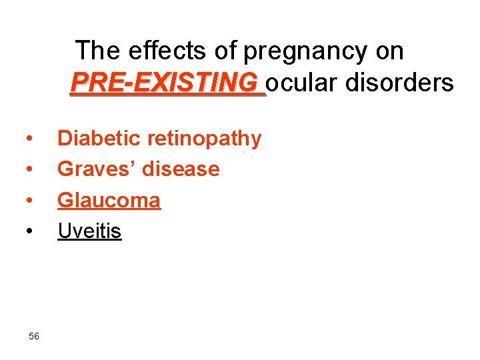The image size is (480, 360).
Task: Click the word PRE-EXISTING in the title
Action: coord(167,83)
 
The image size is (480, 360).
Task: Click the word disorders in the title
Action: coord(399,83)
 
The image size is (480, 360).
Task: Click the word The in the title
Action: coord(97,51)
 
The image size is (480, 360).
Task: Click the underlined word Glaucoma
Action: coord(109,200)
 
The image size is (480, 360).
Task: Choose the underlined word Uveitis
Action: coord(90,231)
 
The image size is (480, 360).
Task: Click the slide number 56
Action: coord(34,336)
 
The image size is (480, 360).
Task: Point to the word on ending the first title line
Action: coord(390,51)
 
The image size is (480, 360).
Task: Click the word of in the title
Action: coord(227,51)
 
